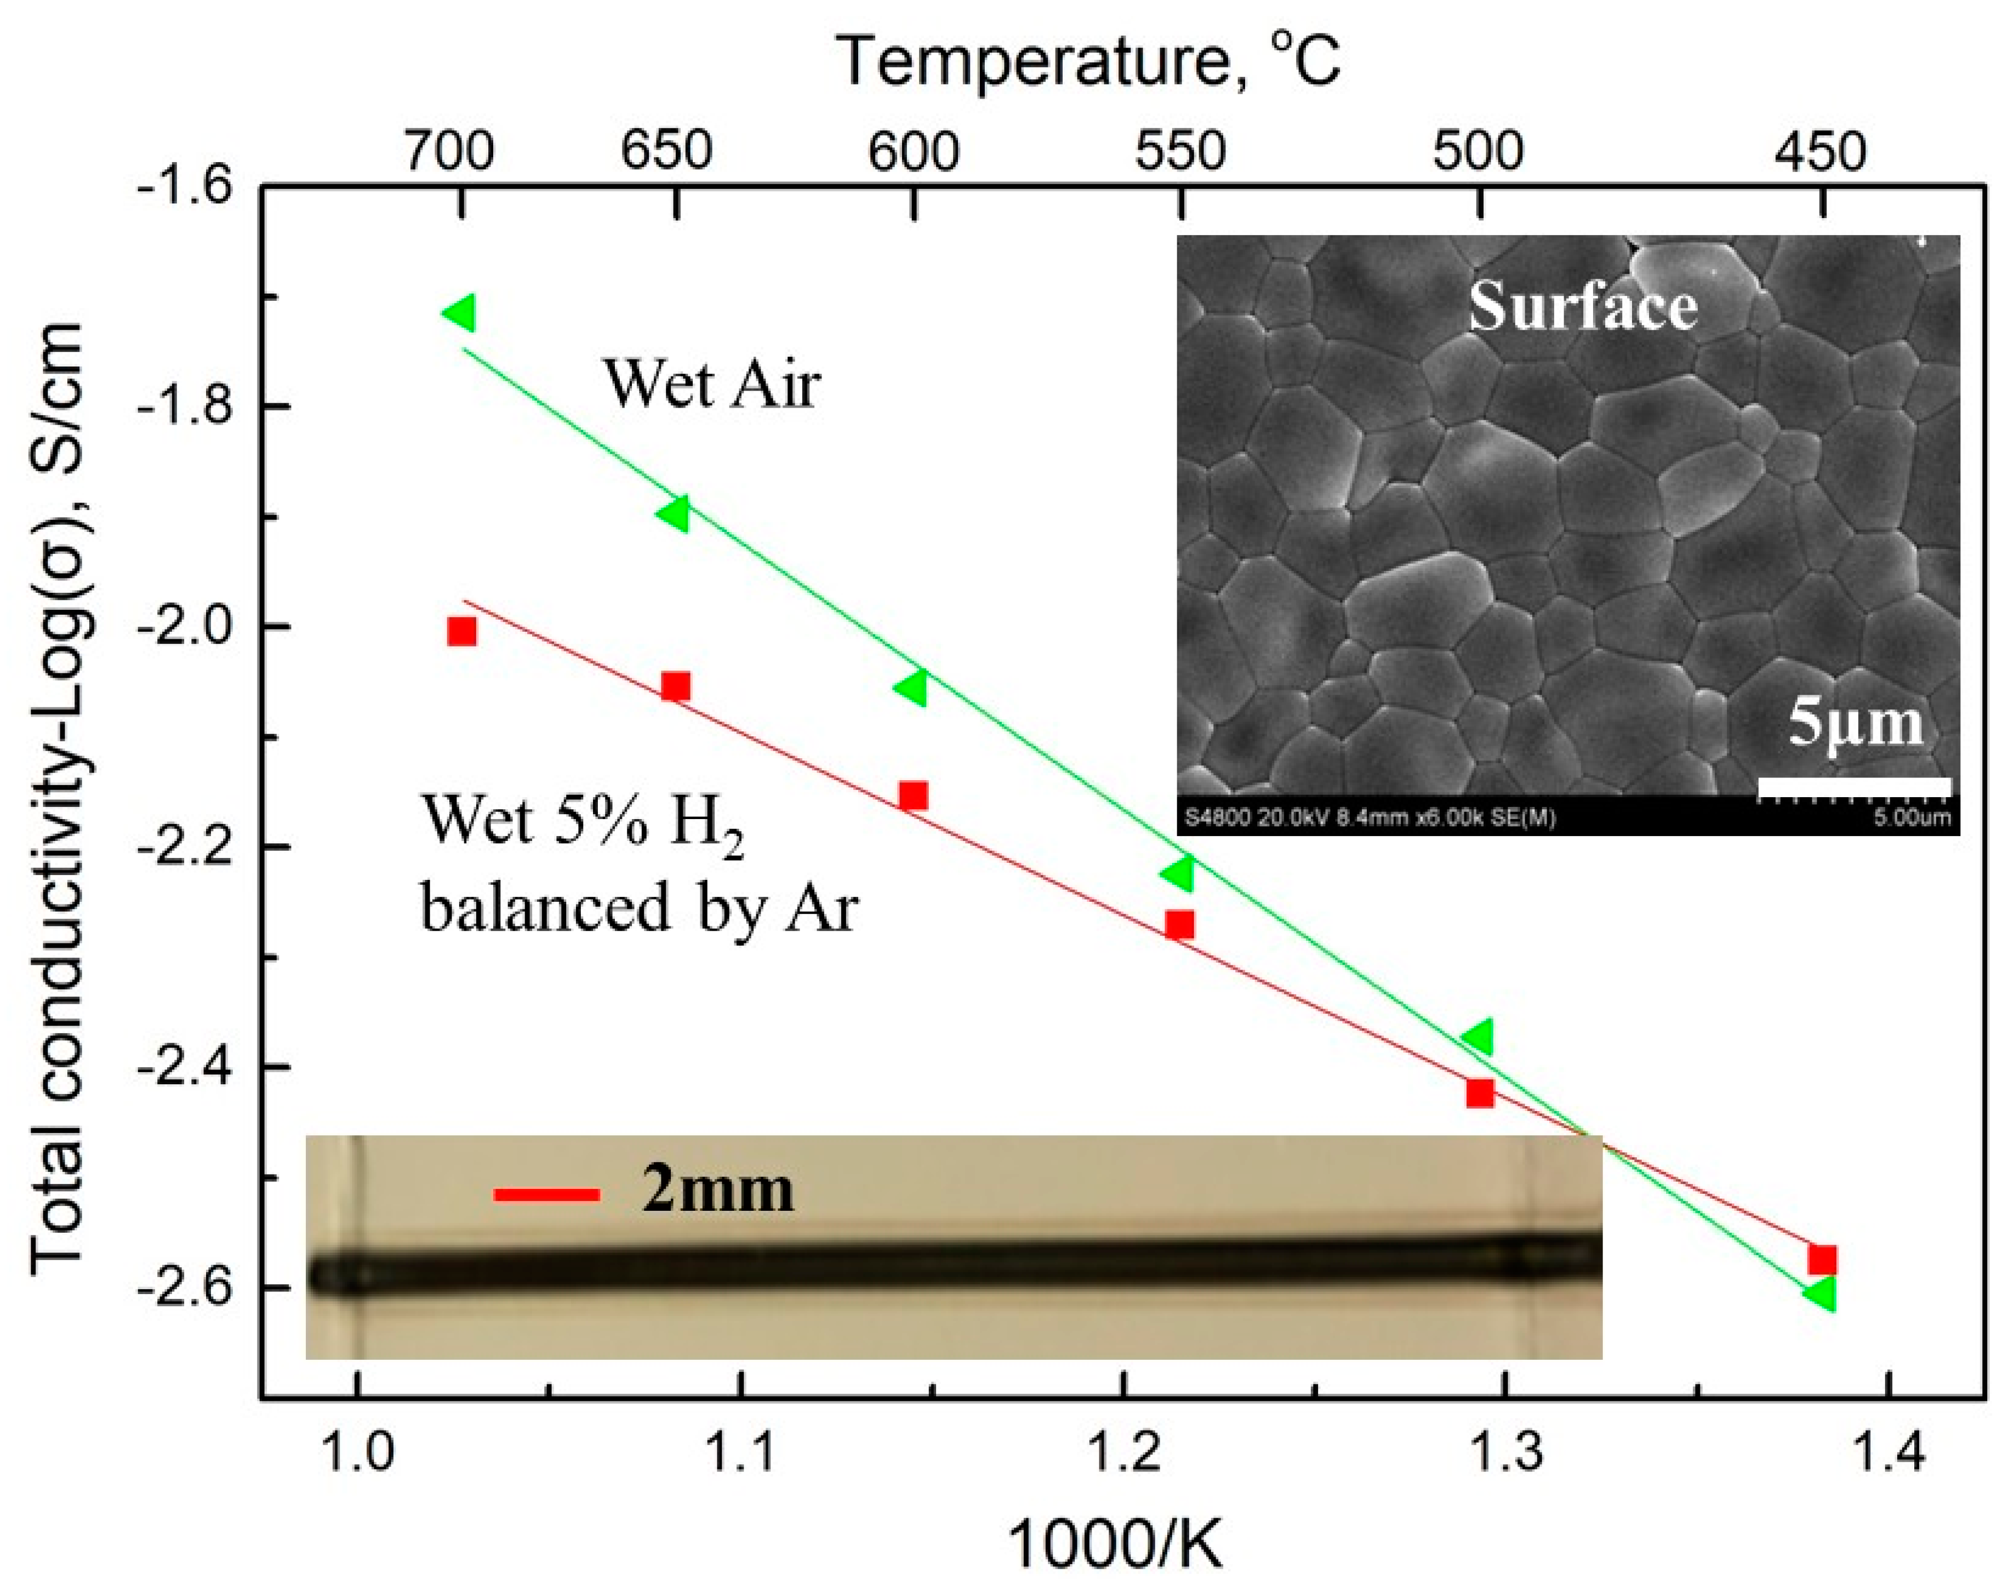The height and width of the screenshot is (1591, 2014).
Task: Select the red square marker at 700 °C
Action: [461, 632]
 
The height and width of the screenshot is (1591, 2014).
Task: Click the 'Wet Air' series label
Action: [712, 384]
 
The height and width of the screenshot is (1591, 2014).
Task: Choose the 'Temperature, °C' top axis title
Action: [1090, 61]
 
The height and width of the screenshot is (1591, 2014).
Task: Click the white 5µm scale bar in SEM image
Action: [1854, 788]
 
